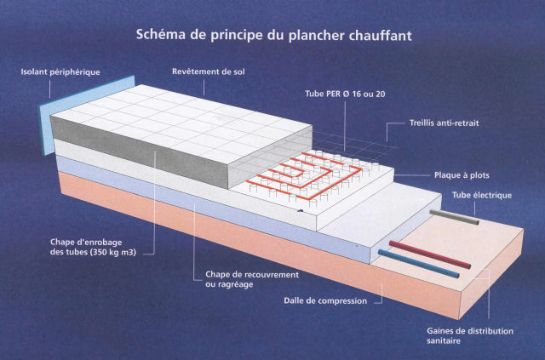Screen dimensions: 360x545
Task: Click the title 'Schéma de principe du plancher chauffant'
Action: click(274, 36)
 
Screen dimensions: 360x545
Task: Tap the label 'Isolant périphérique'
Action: click(60, 72)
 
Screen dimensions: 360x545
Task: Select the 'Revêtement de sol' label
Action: click(208, 72)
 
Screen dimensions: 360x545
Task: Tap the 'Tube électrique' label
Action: click(481, 196)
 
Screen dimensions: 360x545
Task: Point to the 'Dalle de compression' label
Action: click(325, 300)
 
